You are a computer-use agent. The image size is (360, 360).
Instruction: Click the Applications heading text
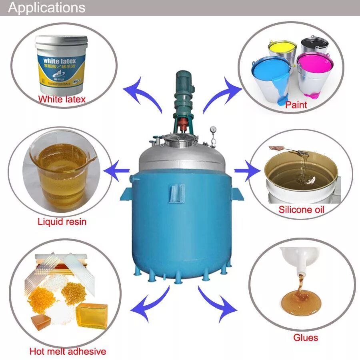coord(47,8)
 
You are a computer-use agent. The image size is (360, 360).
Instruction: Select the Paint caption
coord(296,105)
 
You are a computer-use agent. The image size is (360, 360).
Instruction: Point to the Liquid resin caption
coord(62,221)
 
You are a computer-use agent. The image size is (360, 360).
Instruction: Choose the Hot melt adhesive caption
coord(68,352)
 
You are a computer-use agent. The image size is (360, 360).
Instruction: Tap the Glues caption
coord(306,338)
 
